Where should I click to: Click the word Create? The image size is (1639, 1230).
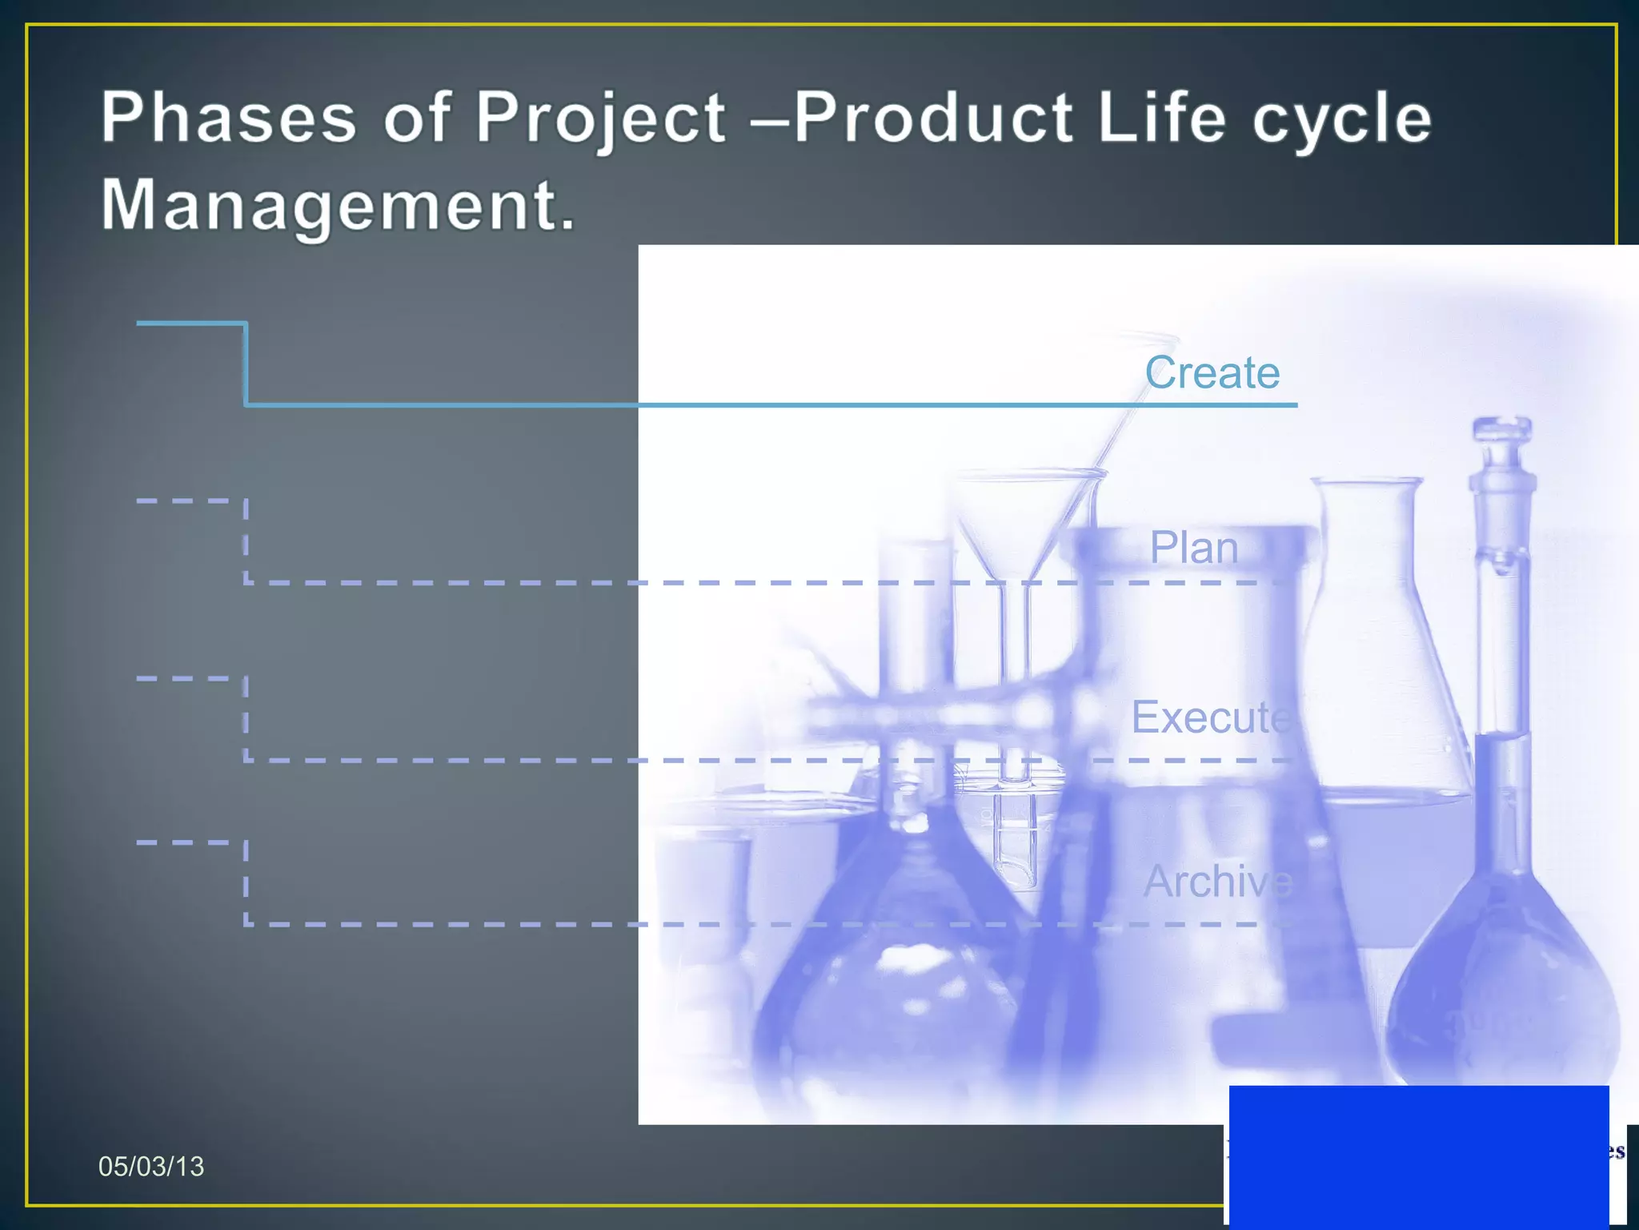click(x=1212, y=372)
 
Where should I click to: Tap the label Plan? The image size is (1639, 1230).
click(x=1193, y=548)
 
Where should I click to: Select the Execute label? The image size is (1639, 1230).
click(x=1210, y=717)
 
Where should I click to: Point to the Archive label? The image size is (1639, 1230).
click(x=1216, y=881)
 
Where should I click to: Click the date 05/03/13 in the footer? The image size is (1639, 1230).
click(x=150, y=1167)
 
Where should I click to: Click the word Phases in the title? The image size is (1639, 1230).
click(x=228, y=118)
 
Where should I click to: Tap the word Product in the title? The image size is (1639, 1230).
click(x=932, y=118)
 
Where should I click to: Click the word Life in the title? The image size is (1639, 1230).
click(x=1161, y=118)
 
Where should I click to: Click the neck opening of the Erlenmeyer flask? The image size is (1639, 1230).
click(x=1367, y=484)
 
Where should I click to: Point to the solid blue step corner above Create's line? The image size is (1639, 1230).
click(x=245, y=324)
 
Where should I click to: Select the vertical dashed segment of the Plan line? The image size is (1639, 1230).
click(x=246, y=541)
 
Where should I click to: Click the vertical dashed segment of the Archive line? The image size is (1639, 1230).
click(x=246, y=882)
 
